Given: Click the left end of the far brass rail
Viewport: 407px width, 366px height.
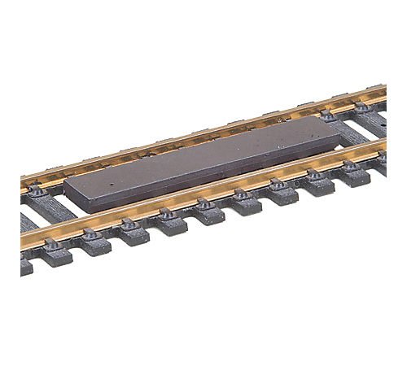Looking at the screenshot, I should tap(24, 188).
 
